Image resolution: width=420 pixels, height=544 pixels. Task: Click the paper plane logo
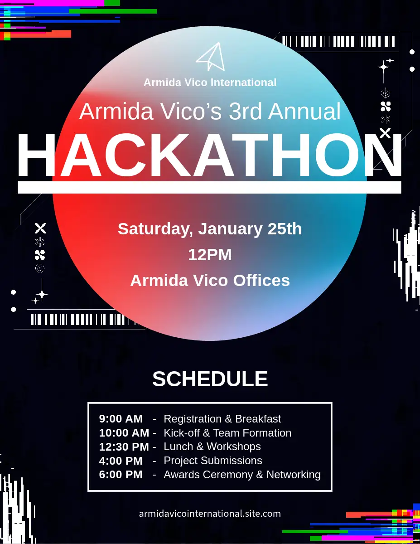(211, 57)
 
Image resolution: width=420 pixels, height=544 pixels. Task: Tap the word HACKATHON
(210, 155)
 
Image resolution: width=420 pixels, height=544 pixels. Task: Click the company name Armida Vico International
(210, 83)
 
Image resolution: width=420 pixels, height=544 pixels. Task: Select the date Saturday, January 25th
(210, 229)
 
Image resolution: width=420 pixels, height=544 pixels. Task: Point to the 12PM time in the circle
(210, 255)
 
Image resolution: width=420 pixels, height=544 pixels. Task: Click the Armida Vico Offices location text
(210, 280)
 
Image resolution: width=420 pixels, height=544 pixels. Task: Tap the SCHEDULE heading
(210, 379)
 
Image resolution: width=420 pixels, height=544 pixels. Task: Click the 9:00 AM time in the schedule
(121, 419)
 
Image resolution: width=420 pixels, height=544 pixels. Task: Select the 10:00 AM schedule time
(124, 433)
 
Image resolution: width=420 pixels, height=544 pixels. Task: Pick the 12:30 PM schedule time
(124, 447)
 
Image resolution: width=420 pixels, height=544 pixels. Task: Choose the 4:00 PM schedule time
(121, 461)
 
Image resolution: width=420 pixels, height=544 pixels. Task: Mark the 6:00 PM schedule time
(121, 475)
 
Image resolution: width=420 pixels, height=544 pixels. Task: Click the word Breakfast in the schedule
(258, 419)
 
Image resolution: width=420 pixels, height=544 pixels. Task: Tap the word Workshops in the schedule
(234, 447)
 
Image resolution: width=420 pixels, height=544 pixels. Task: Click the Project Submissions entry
(213, 461)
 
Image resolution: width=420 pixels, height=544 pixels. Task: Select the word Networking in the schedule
(294, 475)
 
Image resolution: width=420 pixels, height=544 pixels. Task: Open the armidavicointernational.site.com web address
(210, 514)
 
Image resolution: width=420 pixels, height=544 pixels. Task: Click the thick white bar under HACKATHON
(210, 187)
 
